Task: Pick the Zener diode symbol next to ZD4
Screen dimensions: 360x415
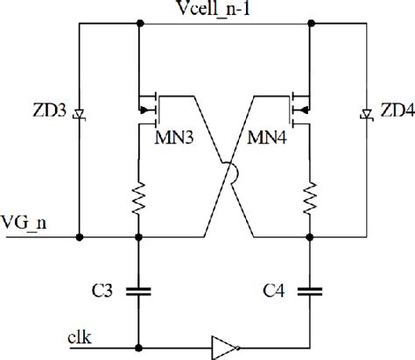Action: click(363, 113)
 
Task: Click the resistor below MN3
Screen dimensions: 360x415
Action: click(138, 200)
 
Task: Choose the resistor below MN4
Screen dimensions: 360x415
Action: click(310, 200)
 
